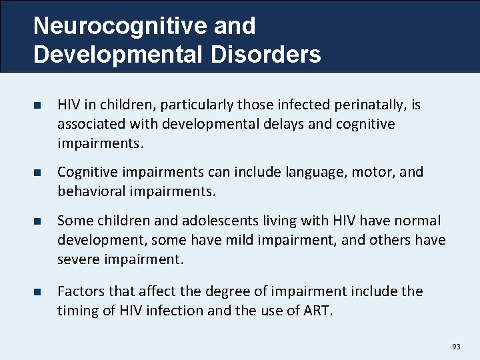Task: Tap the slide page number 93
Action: coord(456,347)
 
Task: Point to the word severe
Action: coord(76,259)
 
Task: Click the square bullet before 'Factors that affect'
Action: coord(37,292)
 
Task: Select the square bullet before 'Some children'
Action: coord(37,221)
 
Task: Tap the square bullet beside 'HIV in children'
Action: coord(37,106)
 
